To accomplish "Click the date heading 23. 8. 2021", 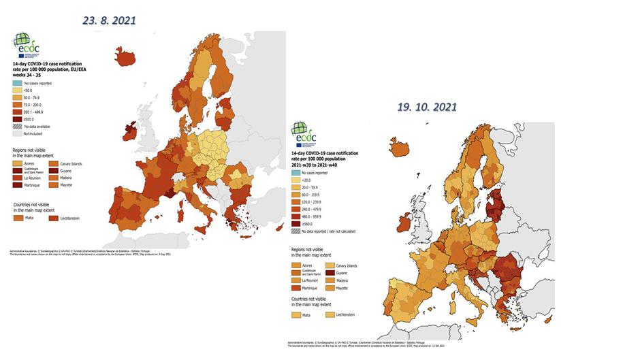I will pos(109,20).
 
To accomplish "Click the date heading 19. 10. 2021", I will pos(428,107).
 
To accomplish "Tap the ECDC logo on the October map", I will pos(300,133).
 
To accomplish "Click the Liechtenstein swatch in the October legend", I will pos(330,315).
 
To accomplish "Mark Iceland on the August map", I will pos(126,56).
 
